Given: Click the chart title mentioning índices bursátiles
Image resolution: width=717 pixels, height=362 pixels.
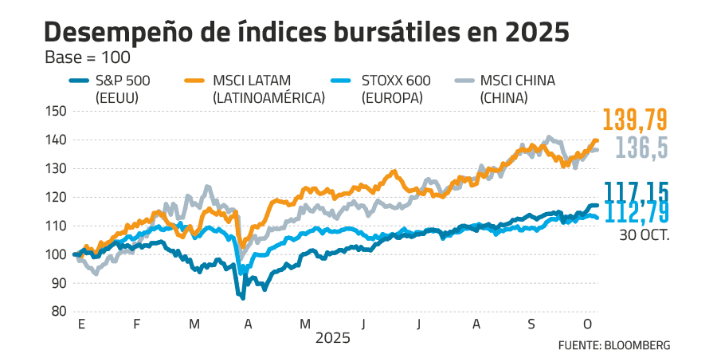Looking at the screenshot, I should tap(307, 33).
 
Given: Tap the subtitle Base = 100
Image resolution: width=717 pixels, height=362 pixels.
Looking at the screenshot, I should tap(88, 58).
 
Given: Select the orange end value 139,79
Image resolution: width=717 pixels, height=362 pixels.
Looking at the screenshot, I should tap(635, 120).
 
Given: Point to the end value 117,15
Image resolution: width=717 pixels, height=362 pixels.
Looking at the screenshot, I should tap(636, 191).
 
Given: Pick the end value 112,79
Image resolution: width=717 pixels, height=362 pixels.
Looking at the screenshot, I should tap(636, 211).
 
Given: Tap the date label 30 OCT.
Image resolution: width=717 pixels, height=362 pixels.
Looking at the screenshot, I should tap(643, 235).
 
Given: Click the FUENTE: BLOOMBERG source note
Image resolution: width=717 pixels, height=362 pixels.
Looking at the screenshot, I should tap(613, 345).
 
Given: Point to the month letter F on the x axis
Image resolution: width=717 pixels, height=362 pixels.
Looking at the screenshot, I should tap(136, 325).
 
